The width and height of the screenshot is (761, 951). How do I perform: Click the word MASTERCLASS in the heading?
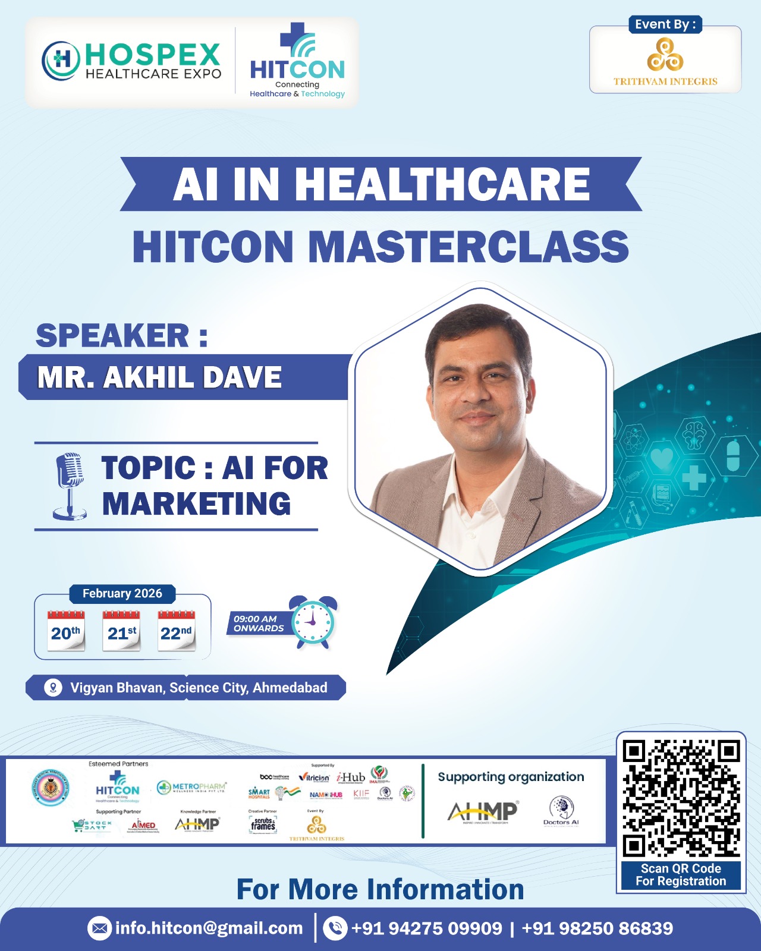[x=468, y=247]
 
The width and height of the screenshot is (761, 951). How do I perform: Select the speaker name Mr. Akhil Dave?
[x=159, y=377]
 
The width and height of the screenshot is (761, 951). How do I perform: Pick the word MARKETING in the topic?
[x=196, y=504]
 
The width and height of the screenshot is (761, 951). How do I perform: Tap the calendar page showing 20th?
[x=65, y=631]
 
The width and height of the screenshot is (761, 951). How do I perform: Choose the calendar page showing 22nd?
[x=176, y=631]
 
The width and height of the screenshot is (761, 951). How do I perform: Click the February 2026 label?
[x=122, y=593]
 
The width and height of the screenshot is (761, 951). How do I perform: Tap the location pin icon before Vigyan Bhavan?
[x=53, y=688]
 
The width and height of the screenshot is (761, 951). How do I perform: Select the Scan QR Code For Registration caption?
[x=681, y=875]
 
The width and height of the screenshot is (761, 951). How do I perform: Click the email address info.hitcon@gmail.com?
[x=209, y=928]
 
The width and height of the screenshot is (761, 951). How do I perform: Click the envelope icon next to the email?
[x=99, y=928]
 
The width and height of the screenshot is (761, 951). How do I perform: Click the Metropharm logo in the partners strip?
[x=191, y=788]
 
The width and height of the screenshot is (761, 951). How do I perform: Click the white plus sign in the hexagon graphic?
[x=693, y=477]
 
